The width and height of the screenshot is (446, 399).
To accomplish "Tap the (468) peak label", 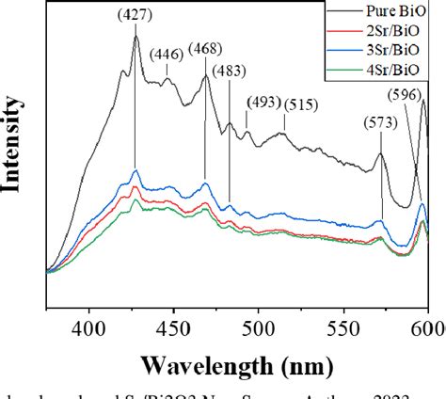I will (207, 49).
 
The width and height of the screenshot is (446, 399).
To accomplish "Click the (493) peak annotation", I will (263, 102).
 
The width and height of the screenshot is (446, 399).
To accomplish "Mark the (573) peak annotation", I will (382, 122).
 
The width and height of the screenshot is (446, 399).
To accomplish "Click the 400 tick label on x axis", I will (89, 321).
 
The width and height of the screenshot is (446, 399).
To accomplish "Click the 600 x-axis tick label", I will (425, 321).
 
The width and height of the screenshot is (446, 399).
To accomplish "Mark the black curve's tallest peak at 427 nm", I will (135, 38).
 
